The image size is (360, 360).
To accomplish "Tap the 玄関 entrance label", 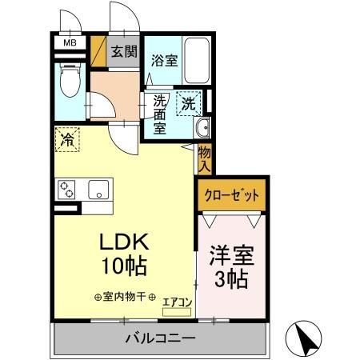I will click(x=124, y=53).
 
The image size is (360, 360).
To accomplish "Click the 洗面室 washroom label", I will click(x=160, y=115).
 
